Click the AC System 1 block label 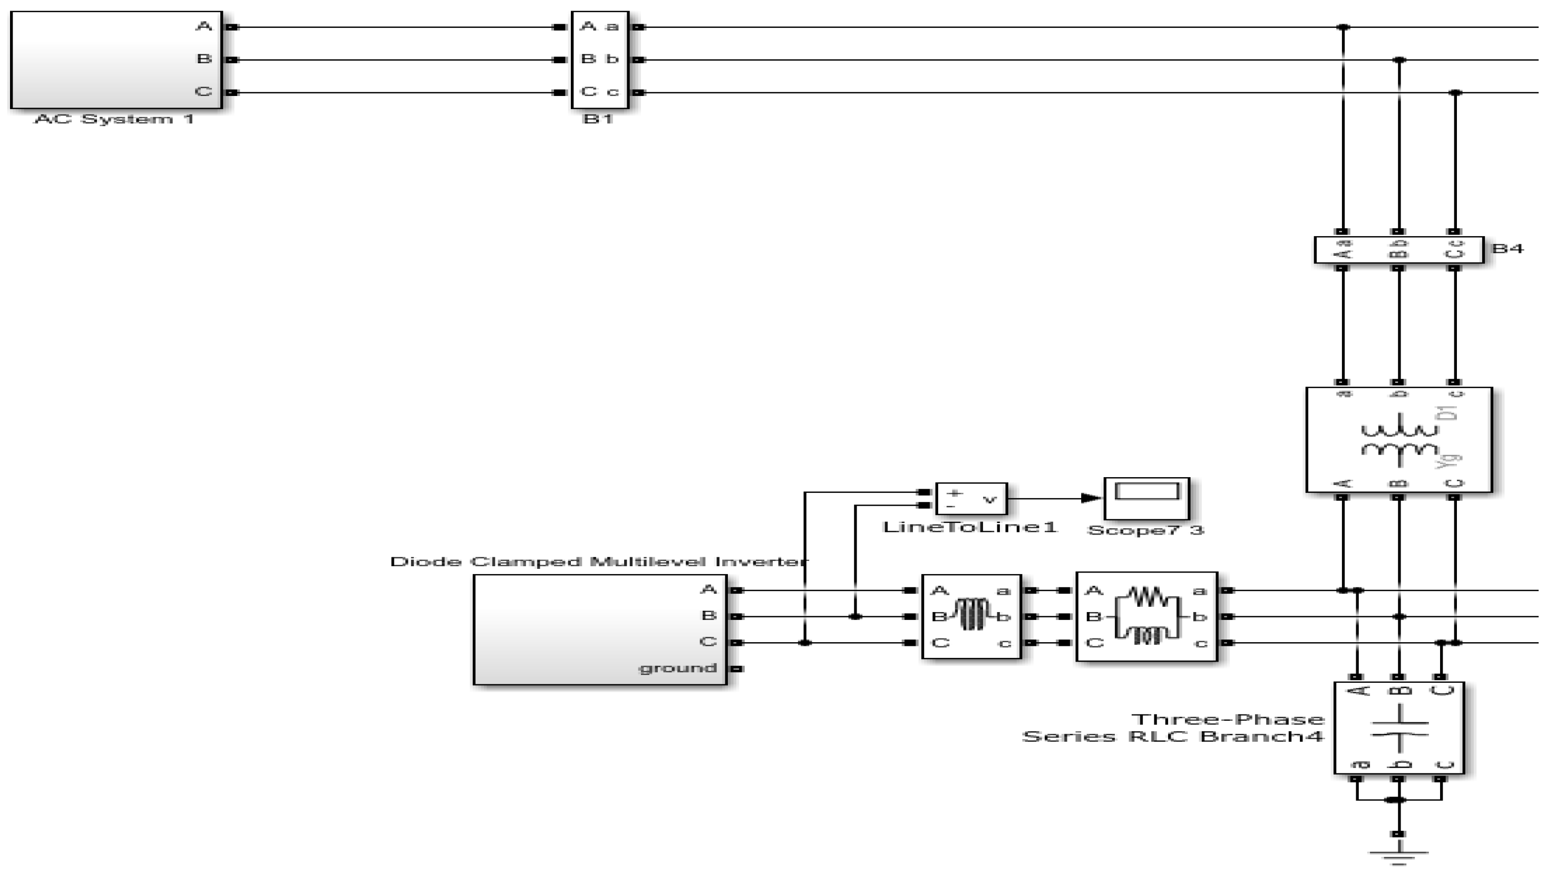coord(114,119)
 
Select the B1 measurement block coord(599,60)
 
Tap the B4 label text coord(1507,248)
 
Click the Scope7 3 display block coord(1146,499)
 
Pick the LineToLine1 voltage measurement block coord(971,499)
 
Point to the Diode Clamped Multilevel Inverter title coord(598,561)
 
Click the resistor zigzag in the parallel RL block coord(1147,597)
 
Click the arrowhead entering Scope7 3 coord(1091,498)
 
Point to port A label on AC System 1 coord(204,26)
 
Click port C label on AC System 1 coord(204,92)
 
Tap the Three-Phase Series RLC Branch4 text coord(1173,728)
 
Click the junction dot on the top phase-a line coord(1343,27)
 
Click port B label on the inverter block coord(708,616)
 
